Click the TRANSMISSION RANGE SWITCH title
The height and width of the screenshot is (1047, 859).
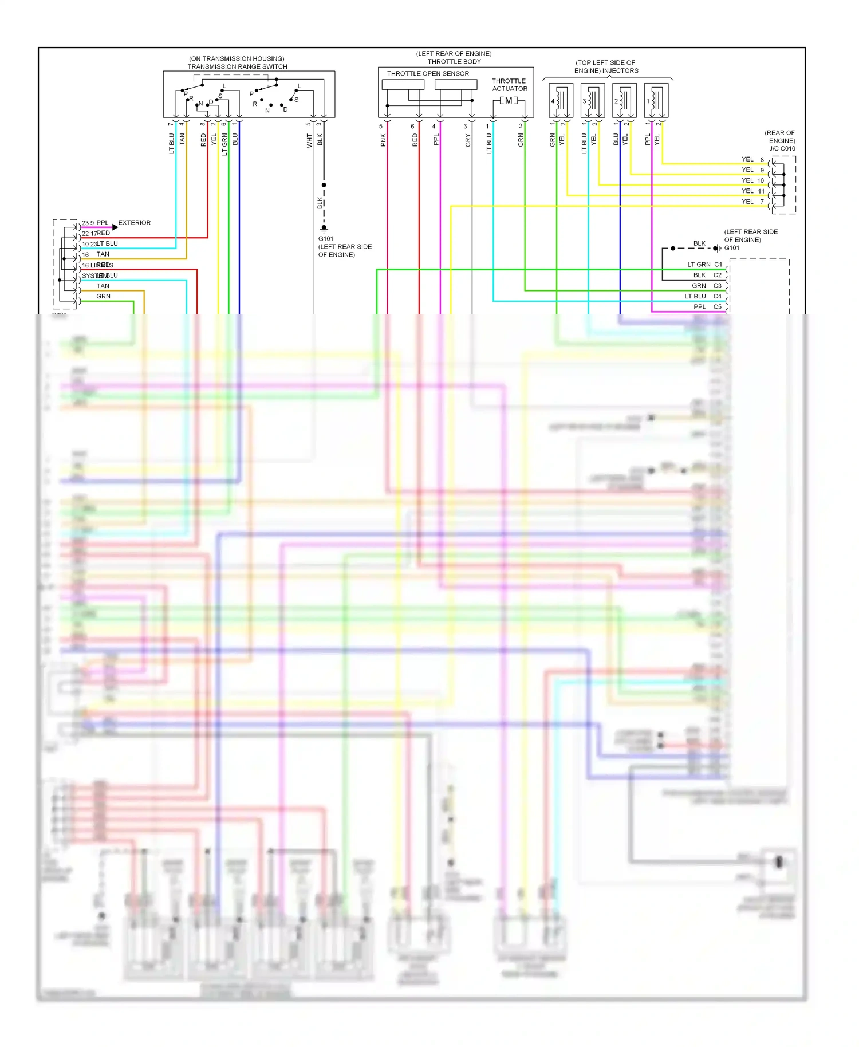click(x=237, y=66)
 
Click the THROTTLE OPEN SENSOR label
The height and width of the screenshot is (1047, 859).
click(x=427, y=73)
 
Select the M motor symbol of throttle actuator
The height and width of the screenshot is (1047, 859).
click(x=509, y=101)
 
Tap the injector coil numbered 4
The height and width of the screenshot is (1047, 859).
click(x=561, y=100)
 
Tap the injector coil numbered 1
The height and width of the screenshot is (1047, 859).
click(x=656, y=100)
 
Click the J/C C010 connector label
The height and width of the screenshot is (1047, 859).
click(x=782, y=148)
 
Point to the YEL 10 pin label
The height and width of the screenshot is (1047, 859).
click(x=752, y=180)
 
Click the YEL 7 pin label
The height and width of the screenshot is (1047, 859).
click(x=752, y=202)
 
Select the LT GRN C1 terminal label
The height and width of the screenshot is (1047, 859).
click(x=704, y=265)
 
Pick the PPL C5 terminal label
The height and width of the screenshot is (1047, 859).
click(x=707, y=307)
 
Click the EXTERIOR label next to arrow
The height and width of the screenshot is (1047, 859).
click(x=134, y=223)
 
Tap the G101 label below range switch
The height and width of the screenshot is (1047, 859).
click(x=326, y=239)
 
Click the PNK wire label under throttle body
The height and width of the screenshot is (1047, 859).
click(x=383, y=140)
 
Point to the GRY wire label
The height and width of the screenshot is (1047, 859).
click(x=467, y=140)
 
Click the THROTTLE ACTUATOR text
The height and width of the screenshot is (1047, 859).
click(x=509, y=85)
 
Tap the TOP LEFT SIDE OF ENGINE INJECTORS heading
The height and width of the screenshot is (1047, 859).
click(x=605, y=66)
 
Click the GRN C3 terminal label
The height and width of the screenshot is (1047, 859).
click(x=706, y=286)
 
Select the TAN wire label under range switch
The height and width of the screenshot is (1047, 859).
click(x=182, y=139)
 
